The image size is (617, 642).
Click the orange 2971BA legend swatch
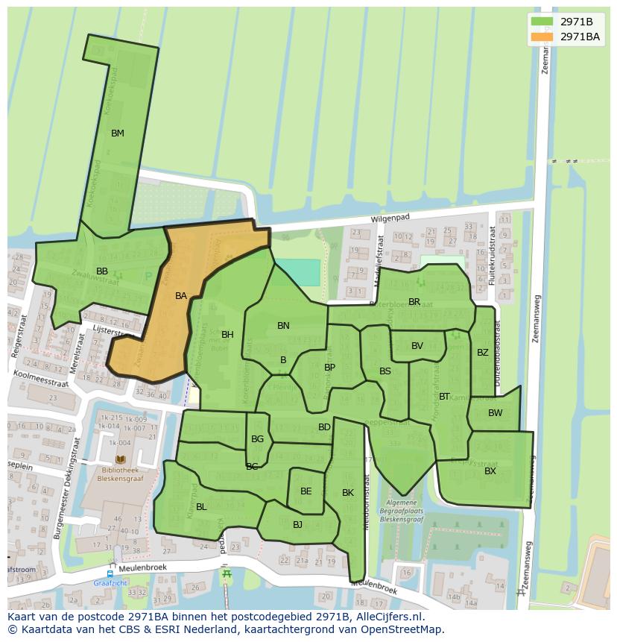[542, 37]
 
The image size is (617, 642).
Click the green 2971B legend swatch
[542, 22]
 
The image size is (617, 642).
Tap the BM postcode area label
[118, 133]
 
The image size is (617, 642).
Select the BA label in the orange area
[181, 296]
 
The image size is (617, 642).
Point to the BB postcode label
[102, 271]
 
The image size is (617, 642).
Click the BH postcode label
[227, 335]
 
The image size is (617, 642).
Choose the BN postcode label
[283, 326]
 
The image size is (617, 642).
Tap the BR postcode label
[414, 302]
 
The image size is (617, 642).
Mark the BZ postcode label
[483, 353]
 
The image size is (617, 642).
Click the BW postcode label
[496, 413]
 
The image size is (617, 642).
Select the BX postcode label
[490, 471]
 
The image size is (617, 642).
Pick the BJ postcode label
[297, 525]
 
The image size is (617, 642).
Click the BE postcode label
[306, 491]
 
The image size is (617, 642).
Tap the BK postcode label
[348, 493]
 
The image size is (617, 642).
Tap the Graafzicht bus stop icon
[110, 574]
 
